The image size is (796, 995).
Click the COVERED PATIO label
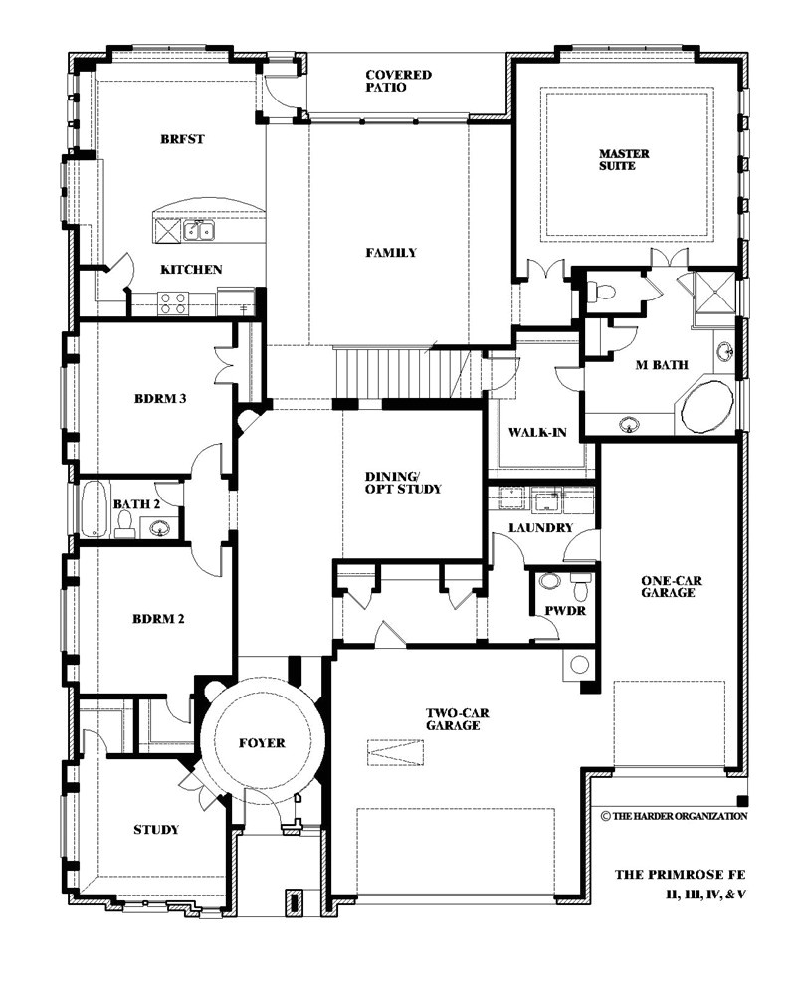point(399,81)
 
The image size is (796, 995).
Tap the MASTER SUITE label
point(624,160)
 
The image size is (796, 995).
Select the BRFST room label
point(183,139)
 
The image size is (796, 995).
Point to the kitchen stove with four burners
point(173,302)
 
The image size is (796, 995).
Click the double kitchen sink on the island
point(199,230)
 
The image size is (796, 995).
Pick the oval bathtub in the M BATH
point(706,407)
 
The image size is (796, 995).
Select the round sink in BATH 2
point(158,527)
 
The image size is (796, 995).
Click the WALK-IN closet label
point(537,433)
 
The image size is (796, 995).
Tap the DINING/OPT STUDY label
point(402,483)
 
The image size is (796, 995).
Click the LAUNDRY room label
point(541,528)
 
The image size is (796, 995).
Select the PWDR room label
point(565,611)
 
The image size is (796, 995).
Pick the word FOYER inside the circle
point(262,743)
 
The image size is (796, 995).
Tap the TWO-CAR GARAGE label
point(457,719)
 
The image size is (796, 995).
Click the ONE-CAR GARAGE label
point(672,587)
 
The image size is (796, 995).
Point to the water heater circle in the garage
point(579,665)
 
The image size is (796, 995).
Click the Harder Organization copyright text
point(675,816)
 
